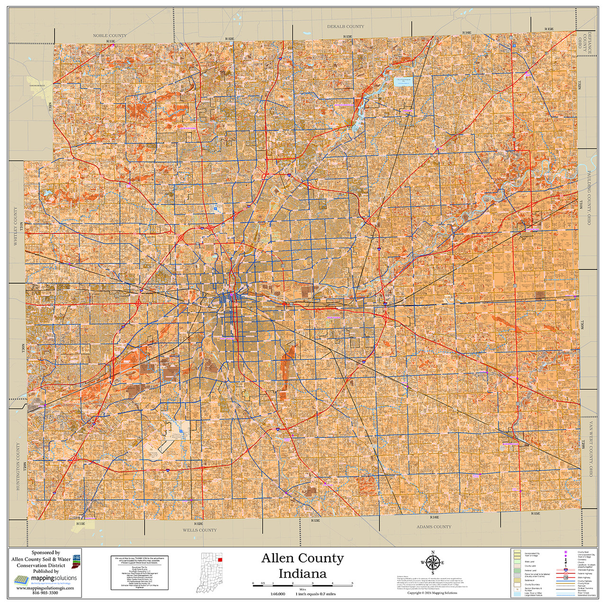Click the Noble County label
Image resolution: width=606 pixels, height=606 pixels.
point(110,36)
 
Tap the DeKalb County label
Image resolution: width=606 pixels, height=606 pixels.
point(346,27)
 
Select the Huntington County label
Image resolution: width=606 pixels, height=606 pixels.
point(18,459)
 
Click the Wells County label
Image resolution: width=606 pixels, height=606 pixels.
point(200,530)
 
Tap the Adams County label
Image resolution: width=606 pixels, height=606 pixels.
point(434,526)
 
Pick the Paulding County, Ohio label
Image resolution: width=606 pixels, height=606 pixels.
point(590,198)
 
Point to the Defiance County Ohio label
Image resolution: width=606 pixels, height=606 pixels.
point(585,43)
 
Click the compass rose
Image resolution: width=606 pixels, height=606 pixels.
point(432,563)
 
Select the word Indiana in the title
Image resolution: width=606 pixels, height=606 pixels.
point(302,574)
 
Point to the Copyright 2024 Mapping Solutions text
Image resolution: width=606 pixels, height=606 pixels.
point(432,593)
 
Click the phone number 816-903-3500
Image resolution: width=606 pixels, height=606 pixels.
point(45,593)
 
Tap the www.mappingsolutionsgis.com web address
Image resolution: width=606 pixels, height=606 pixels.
point(45,588)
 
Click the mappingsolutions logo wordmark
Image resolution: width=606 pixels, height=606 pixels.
point(53,579)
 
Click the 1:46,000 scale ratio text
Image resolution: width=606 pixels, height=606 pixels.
point(277,594)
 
